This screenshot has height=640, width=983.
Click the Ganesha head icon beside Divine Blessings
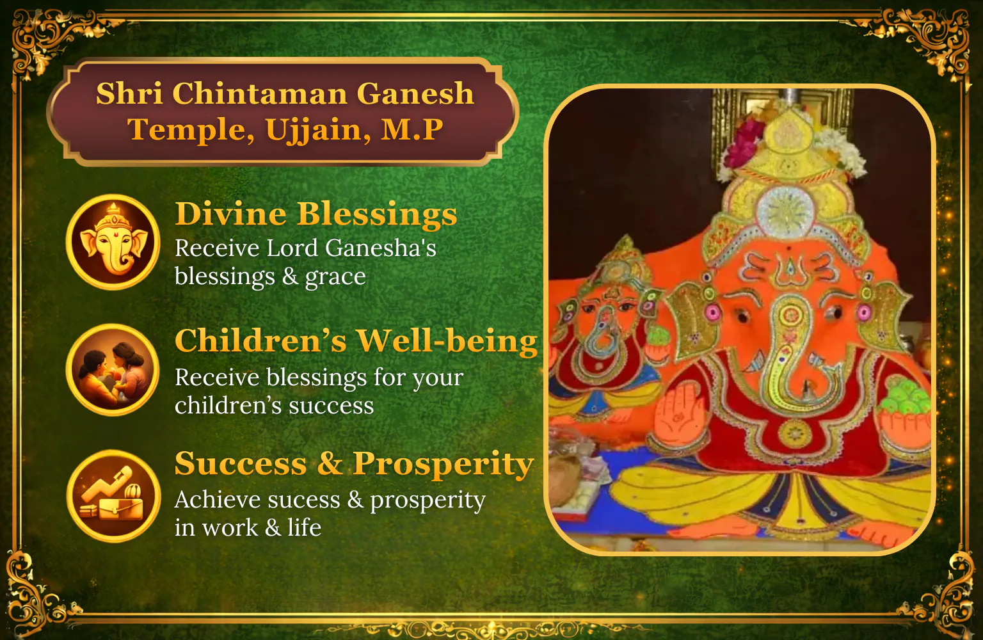tap(113, 241)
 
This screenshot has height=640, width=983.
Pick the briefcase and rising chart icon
tap(113, 496)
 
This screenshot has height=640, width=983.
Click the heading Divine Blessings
tap(316, 214)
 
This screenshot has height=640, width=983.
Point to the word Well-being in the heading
tap(446, 340)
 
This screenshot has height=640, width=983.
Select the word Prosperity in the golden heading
tap(444, 465)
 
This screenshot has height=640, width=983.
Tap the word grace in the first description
tap(336, 277)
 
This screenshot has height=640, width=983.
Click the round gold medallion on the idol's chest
tap(794, 433)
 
